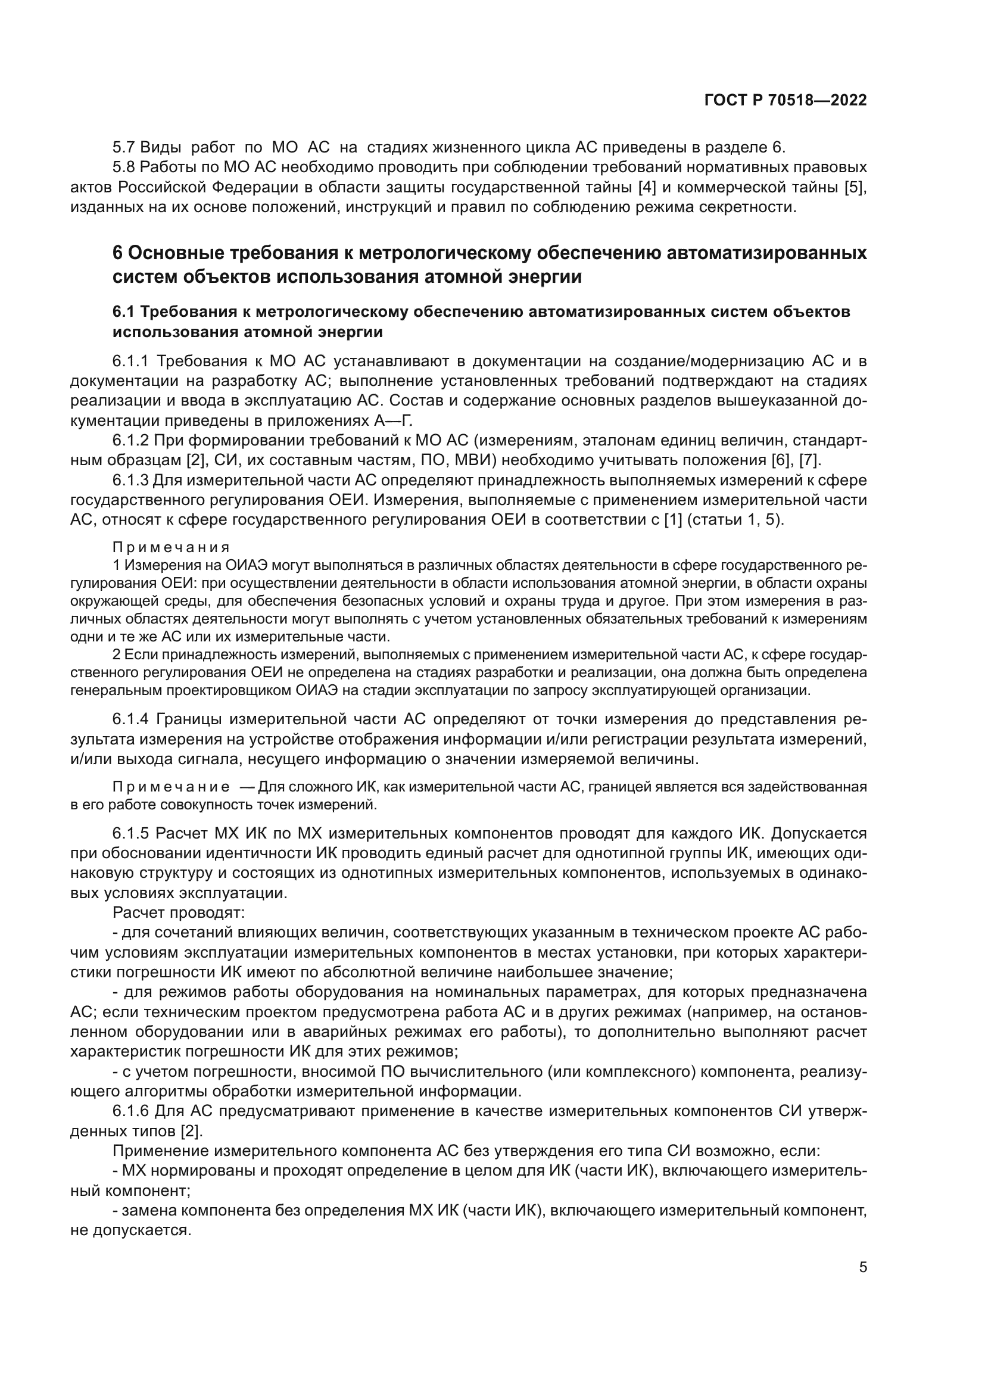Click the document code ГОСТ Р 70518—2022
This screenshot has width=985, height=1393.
tap(785, 100)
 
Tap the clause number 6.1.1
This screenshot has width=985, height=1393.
tap(130, 362)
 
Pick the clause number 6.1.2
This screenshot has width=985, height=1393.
tap(130, 441)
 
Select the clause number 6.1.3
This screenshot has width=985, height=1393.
tap(130, 481)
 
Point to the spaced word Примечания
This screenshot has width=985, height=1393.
tap(171, 547)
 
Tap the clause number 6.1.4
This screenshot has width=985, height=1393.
tap(130, 719)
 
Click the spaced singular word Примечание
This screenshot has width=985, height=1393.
tap(171, 787)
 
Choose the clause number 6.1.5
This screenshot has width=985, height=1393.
tap(130, 833)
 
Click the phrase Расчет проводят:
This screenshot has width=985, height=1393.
tap(178, 912)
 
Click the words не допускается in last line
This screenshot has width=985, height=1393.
tap(130, 1230)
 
